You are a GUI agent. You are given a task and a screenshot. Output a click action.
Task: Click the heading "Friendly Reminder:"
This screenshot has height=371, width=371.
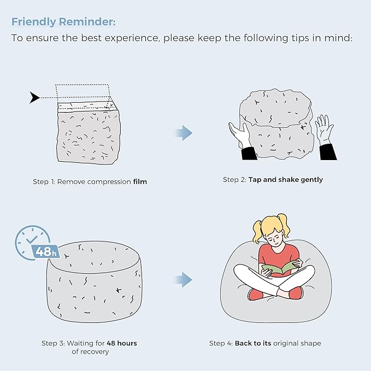tap(63, 22)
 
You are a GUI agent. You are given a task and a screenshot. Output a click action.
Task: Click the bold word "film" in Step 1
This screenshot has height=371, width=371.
tap(140, 181)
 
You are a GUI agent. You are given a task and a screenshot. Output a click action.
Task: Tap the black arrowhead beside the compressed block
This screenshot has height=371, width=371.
tap(34, 97)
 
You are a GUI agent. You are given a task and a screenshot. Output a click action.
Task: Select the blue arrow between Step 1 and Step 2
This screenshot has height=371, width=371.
tap(184, 133)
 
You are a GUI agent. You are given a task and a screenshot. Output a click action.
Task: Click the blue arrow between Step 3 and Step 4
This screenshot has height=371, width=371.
tap(184, 280)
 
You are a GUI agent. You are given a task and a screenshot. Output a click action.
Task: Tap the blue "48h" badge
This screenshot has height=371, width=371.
tap(46, 251)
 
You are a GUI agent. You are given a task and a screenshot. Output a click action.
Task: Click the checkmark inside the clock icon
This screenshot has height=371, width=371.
tap(32, 239)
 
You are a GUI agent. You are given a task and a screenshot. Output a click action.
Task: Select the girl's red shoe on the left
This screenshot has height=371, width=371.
tap(256, 294)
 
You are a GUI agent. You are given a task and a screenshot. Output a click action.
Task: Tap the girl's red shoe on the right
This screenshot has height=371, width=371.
tap(296, 293)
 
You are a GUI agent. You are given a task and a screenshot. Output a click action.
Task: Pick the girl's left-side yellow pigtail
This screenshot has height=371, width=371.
tap(258, 231)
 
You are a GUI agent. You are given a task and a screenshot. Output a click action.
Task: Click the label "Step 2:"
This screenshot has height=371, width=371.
tap(235, 180)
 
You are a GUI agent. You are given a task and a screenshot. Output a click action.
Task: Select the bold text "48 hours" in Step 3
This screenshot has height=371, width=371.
tap(122, 343)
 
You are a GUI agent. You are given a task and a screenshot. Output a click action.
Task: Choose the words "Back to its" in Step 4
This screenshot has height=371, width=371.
tap(253, 343)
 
